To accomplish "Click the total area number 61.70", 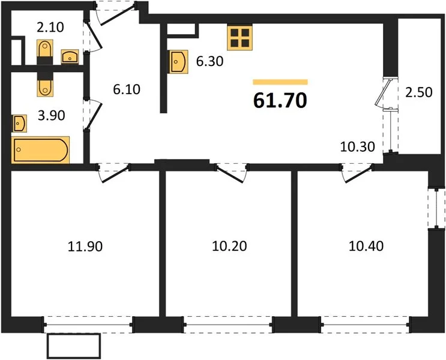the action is (x=280, y=101).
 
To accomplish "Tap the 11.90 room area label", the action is (x=85, y=246).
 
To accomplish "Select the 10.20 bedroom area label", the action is (x=229, y=246).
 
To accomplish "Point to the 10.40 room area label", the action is (x=366, y=246).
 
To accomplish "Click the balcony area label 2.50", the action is (x=419, y=92).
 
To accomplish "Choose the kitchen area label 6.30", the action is (x=210, y=61).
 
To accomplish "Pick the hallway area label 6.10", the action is (x=127, y=89).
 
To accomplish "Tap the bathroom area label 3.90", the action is (x=52, y=115).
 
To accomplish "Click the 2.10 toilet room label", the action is (x=50, y=28).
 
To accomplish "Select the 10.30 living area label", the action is (x=358, y=147).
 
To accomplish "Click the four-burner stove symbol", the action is (x=240, y=38).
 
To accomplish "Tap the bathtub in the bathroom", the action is (x=40, y=150).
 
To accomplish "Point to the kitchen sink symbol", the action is (x=178, y=62).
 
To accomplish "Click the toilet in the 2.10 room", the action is (x=44, y=50).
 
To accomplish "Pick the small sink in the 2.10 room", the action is (x=70, y=56).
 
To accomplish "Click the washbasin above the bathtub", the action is (x=19, y=124).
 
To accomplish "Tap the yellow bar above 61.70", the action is (x=280, y=82).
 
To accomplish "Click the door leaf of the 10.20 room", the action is (x=230, y=175).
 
